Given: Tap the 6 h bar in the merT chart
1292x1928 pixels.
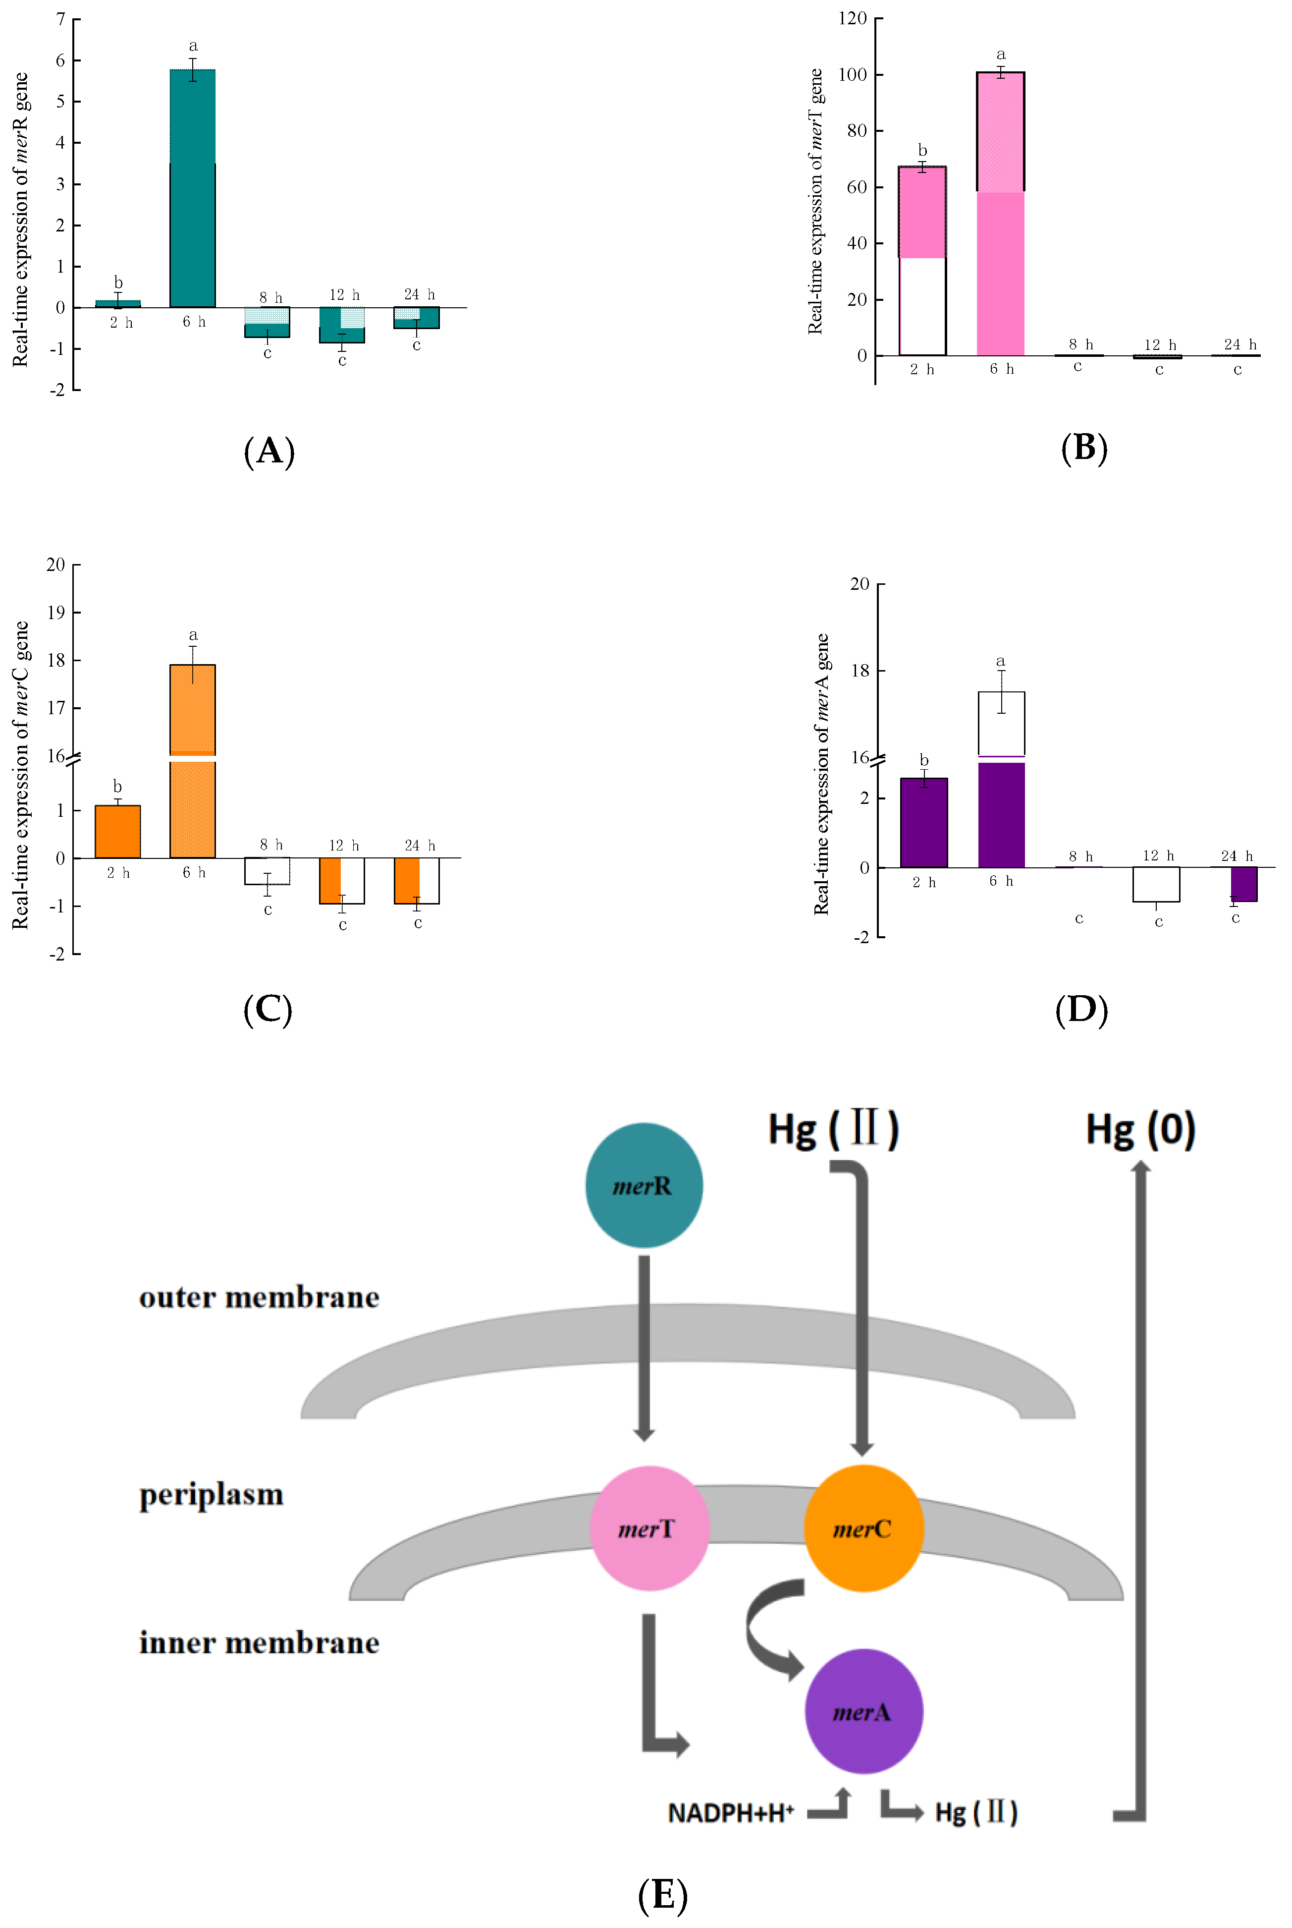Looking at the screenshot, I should click(1000, 214).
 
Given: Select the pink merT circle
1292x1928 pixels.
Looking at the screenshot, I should click(649, 1528).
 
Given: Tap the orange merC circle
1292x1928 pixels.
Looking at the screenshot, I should click(862, 1528).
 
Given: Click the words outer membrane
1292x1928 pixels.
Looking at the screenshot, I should click(259, 1298).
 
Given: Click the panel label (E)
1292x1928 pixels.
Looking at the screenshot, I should click(662, 1894).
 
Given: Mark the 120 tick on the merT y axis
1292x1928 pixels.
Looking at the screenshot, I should click(852, 18).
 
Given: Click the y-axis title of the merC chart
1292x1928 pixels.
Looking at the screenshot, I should click(21, 775).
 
